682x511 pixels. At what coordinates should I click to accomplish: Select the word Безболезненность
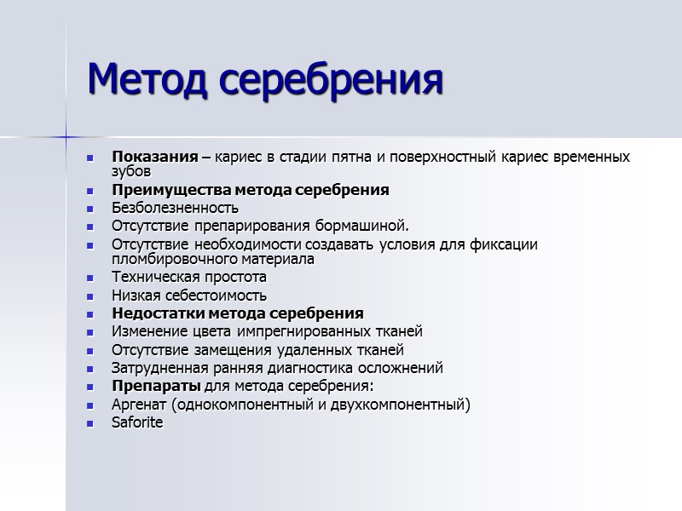175,208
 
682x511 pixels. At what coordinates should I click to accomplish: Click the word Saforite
136,422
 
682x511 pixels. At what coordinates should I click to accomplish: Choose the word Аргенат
140,404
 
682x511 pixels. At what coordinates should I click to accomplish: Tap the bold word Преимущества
165,190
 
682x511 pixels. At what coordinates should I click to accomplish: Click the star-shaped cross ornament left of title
66,136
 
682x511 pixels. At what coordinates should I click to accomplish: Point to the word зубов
130,170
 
